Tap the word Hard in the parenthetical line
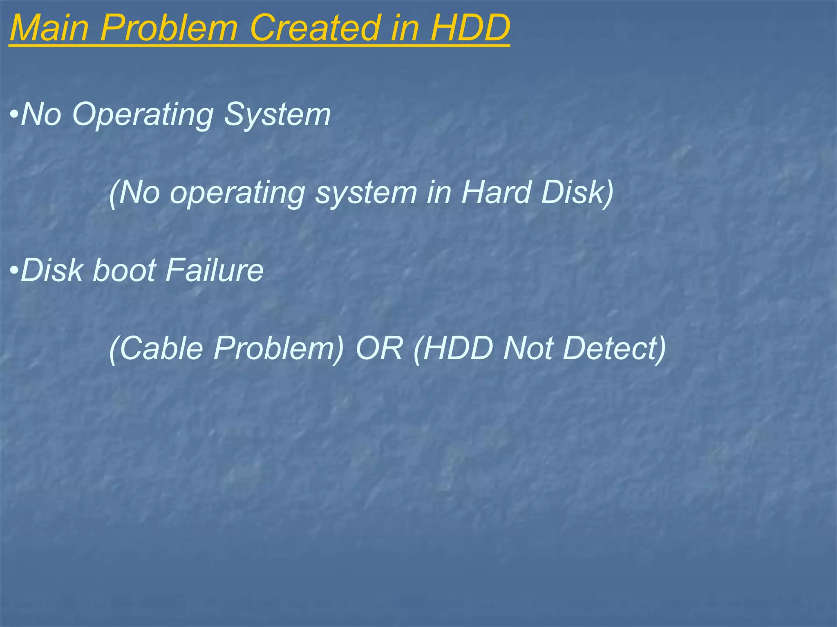(x=496, y=192)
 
